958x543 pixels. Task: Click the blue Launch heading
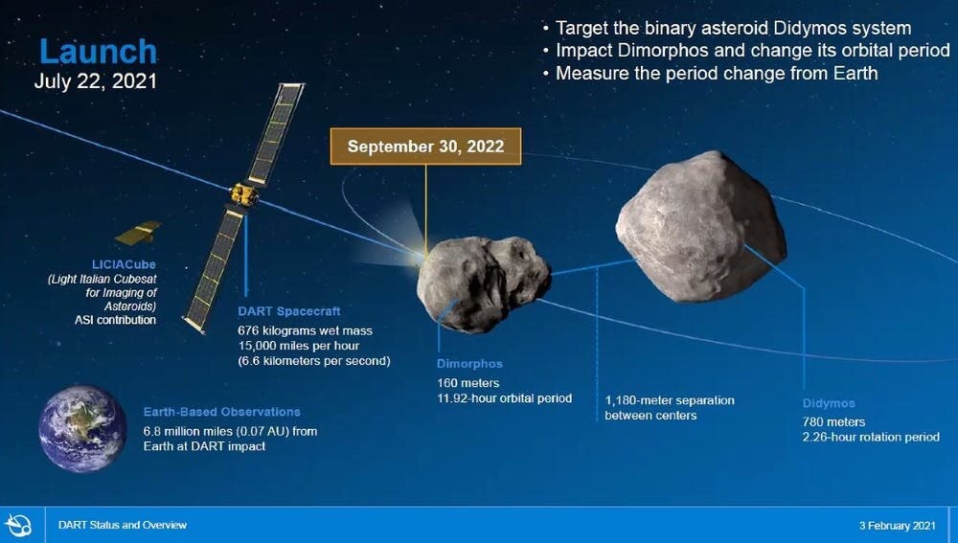(x=98, y=52)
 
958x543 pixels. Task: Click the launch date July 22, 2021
(x=95, y=81)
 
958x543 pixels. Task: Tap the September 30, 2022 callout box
(x=426, y=147)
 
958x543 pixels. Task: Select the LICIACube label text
(x=124, y=264)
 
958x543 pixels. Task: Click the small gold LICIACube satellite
(x=138, y=233)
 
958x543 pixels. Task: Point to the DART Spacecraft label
(x=289, y=311)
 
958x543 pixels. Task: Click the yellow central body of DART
(x=243, y=194)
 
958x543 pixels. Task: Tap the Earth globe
(x=82, y=428)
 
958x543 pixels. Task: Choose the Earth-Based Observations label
(x=222, y=412)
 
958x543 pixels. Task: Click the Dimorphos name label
(x=469, y=363)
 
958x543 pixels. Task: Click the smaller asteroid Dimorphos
(x=483, y=284)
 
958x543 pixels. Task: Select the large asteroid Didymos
(x=701, y=227)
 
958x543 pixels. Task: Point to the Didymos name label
(x=829, y=403)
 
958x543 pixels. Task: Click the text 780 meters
(x=834, y=421)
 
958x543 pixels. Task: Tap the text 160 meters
(x=468, y=383)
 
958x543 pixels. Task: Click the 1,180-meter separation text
(x=670, y=407)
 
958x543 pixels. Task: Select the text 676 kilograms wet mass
(x=305, y=330)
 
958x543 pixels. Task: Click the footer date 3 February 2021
(x=897, y=526)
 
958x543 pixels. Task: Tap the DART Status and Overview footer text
(x=123, y=525)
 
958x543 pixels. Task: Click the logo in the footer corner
(x=18, y=526)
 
